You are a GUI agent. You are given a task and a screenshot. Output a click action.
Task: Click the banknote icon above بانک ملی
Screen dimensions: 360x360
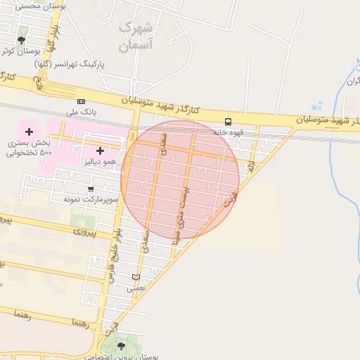coord(81,101)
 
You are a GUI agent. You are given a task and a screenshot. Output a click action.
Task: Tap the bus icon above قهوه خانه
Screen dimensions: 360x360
coord(228,121)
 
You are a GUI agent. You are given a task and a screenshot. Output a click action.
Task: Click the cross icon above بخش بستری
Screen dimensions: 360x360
coord(29,131)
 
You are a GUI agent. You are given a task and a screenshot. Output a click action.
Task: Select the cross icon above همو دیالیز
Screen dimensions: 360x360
coord(100,150)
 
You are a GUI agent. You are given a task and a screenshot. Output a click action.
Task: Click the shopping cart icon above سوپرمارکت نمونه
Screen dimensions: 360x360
coord(91,188)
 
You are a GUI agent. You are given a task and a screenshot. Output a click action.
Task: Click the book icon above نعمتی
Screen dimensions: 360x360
coord(136,277)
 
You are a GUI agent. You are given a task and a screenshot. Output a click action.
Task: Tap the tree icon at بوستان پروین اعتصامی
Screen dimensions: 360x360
coord(121,345)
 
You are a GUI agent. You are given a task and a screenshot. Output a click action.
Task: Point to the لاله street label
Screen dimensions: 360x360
coord(250,166)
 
